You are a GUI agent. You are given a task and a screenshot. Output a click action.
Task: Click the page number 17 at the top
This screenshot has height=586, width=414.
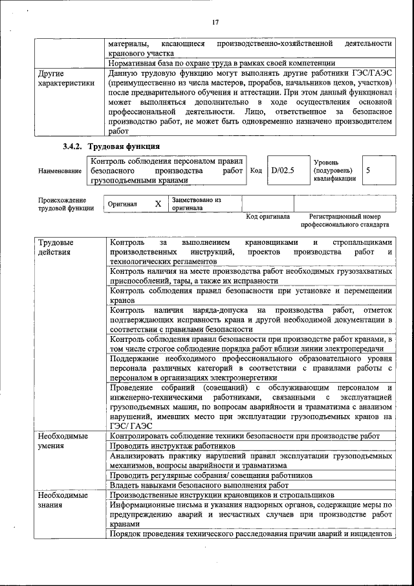point(215,23)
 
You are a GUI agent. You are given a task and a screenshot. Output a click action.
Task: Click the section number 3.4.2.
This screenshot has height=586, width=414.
point(74,146)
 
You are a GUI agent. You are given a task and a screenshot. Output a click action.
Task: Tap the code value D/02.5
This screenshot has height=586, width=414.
point(283,170)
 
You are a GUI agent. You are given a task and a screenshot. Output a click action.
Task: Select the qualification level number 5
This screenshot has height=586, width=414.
point(368,170)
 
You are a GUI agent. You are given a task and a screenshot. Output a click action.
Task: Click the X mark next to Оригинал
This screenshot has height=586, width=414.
point(158,203)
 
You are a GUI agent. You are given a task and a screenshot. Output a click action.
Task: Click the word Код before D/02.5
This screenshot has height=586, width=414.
point(256,170)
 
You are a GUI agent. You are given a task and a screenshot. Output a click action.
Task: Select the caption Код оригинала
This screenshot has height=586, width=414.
point(268,216)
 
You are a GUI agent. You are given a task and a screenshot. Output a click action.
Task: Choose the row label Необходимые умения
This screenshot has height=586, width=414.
point(62,441)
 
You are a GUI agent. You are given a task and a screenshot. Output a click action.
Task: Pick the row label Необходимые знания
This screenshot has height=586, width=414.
point(62,499)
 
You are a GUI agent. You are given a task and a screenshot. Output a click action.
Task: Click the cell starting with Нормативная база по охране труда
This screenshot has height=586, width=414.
point(221,63)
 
